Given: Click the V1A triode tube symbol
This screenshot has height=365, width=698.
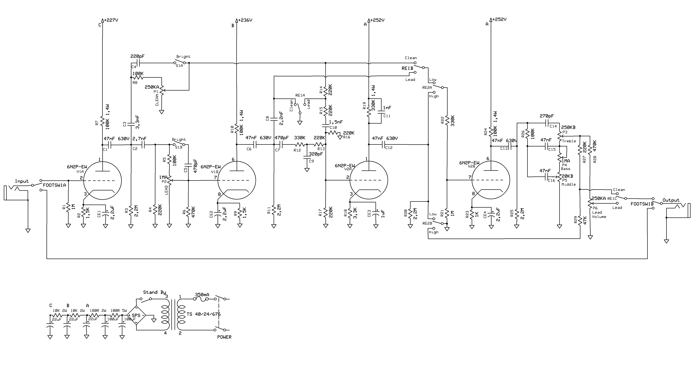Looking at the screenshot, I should (102, 181).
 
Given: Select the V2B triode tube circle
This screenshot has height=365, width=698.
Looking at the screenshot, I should (491, 180).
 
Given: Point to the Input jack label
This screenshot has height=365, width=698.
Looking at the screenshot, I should (22, 181).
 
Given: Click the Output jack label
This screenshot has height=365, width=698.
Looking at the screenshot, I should (671, 200).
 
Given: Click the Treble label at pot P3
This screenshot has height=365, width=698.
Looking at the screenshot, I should (569, 141).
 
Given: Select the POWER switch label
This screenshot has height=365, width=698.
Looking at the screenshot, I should (224, 337).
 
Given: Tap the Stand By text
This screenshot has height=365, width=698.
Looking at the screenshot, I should (154, 292).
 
